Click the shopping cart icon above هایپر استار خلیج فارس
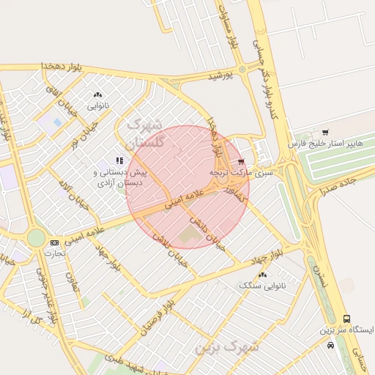[x=324, y=133]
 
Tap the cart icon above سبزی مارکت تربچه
[x=240, y=162]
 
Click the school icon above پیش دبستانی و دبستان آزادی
[x=119, y=160]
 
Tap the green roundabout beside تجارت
[x=35, y=237]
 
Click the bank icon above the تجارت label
[x=54, y=242]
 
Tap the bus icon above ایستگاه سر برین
[x=346, y=319]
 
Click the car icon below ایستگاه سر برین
[x=331, y=344]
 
